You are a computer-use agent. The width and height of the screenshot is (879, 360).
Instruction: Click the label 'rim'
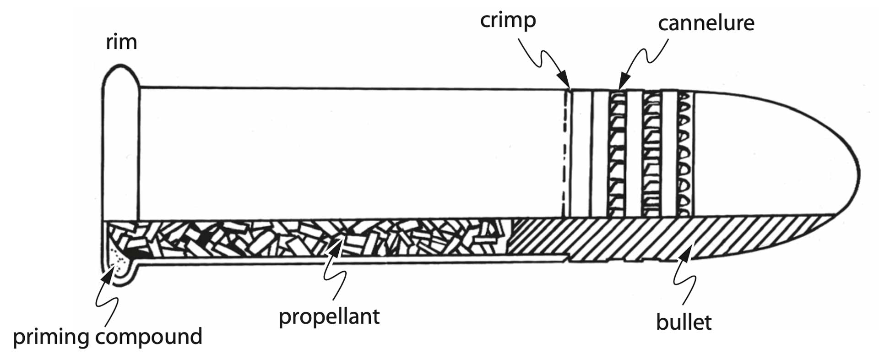tap(121, 42)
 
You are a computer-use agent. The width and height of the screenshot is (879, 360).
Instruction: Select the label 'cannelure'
tap(706, 23)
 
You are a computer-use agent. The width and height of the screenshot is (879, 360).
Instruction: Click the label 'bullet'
tap(684, 322)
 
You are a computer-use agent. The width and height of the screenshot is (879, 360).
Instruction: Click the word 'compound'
tap(149, 337)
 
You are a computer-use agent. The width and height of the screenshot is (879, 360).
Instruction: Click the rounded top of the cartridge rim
tap(121, 67)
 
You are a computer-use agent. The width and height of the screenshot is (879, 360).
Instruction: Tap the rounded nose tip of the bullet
tap(858, 175)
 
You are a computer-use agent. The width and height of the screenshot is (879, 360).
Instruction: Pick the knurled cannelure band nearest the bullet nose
tap(685, 153)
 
